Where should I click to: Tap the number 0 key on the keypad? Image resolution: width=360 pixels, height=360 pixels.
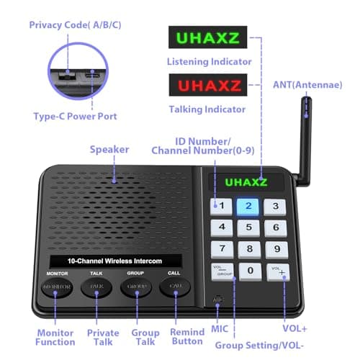click(250, 271)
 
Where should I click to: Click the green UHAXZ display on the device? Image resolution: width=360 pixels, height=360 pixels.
click(246, 182)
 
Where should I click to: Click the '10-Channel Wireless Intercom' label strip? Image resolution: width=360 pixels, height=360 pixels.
click(115, 260)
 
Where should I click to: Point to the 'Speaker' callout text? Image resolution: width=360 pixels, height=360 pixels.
click(109, 150)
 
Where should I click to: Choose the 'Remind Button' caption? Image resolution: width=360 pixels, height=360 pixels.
click(187, 337)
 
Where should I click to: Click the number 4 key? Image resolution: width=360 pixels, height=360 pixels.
click(223, 228)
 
